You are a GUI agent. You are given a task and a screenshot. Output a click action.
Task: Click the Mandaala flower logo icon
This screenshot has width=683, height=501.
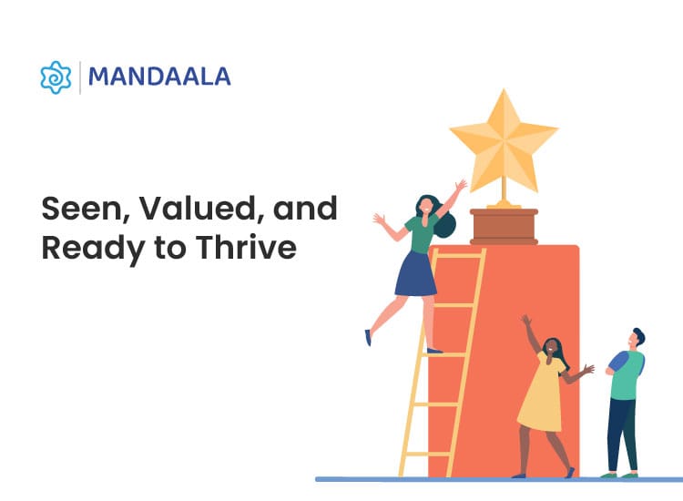point(56,77)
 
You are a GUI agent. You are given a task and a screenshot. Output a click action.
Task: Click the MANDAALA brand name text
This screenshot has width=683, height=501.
point(160,77)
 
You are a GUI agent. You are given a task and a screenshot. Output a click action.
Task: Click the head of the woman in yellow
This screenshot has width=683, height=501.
point(553,347)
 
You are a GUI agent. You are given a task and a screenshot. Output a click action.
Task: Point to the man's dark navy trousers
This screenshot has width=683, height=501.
point(622,435)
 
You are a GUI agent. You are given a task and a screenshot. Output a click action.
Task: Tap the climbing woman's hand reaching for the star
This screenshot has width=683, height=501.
point(462,185)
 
